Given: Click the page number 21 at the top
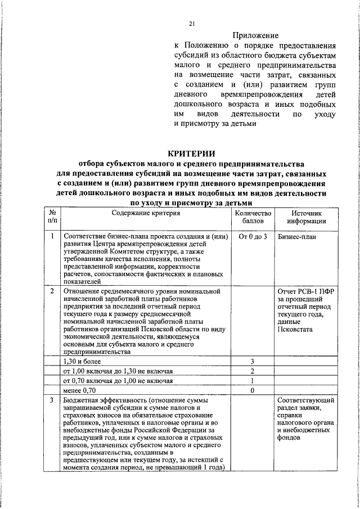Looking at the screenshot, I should (x=191, y=23).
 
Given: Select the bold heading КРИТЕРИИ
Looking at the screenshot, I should (x=191, y=153).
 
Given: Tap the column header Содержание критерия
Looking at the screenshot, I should (x=145, y=214).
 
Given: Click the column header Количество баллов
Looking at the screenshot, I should (x=253, y=218).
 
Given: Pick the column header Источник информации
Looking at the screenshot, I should (x=306, y=218).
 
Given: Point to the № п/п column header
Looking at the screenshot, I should (x=52, y=218).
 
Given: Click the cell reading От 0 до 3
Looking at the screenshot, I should (x=253, y=237).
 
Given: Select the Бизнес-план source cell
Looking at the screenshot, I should (x=297, y=237).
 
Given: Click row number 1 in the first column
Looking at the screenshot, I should (x=52, y=237).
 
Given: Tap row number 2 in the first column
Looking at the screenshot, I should (x=52, y=291).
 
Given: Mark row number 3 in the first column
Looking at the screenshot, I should (x=52, y=400).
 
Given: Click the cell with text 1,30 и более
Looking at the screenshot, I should (x=82, y=362).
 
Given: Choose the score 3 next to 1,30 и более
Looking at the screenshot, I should (x=253, y=362).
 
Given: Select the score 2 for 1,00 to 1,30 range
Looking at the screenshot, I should (x=253, y=371).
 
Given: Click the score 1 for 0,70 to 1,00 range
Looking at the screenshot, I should (x=253, y=381).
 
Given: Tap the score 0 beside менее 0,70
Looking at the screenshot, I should (x=253, y=390).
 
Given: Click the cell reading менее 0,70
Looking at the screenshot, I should (x=80, y=390).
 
